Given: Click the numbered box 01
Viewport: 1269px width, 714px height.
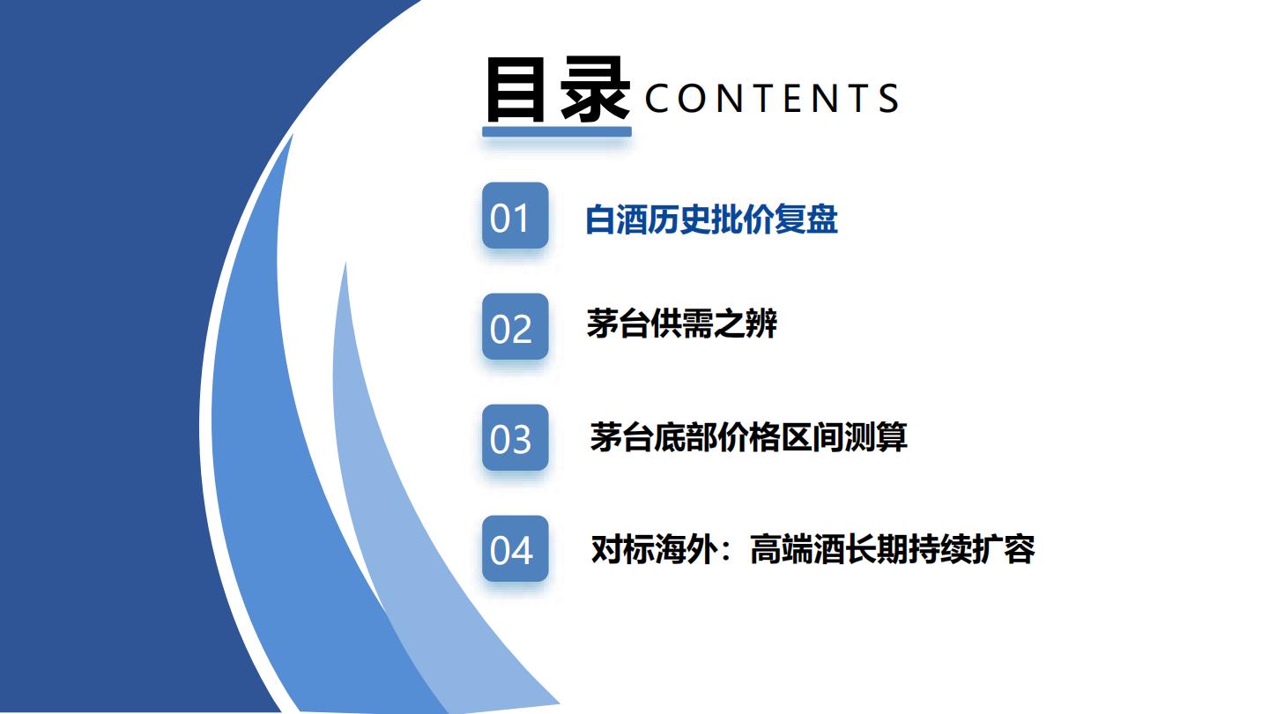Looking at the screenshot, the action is pyautogui.click(x=515, y=215).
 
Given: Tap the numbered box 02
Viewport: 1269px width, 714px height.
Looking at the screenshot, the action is pyautogui.click(x=515, y=326).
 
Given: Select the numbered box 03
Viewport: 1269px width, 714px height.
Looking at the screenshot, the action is pyautogui.click(x=515, y=437).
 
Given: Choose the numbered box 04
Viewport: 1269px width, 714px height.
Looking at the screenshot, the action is pyautogui.click(x=515, y=548).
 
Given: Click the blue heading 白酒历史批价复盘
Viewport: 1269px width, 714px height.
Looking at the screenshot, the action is pyautogui.click(x=711, y=219).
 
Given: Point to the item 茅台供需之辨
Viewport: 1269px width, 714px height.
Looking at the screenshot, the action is pyautogui.click(x=682, y=324).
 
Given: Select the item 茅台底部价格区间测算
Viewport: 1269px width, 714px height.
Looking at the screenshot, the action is pyautogui.click(x=748, y=437).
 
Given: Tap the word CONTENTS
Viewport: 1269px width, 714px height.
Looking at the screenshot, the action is pyautogui.click(x=772, y=98).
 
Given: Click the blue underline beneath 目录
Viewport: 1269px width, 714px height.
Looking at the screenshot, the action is pyautogui.click(x=557, y=132).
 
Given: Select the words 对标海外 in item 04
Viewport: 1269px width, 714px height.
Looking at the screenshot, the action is pyautogui.click(x=654, y=549).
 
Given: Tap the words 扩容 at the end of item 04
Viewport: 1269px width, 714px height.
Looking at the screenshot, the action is pyautogui.click(x=1003, y=549).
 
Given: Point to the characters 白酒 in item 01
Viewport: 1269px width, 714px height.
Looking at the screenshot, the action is pyautogui.click(x=616, y=219).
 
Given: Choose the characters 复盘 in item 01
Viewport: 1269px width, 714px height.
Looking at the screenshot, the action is pyautogui.click(x=806, y=219).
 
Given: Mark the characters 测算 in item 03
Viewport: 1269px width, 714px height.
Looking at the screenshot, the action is pyautogui.click(x=876, y=437).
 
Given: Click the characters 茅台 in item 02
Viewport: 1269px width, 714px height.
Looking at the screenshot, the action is pyautogui.click(x=618, y=324).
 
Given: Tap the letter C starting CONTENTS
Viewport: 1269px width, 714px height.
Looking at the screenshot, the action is pyautogui.click(x=657, y=98).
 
